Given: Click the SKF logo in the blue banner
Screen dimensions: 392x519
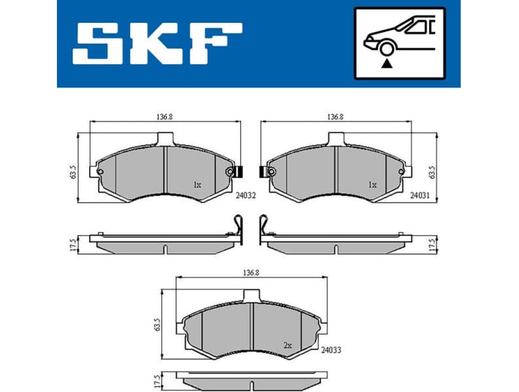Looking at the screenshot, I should pyautogui.click(x=157, y=44).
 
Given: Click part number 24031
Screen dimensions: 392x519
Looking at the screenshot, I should pyautogui.click(x=420, y=195).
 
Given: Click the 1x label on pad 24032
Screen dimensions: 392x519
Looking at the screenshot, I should pyautogui.click(x=197, y=185).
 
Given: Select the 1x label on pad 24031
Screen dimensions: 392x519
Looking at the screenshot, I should pyautogui.click(x=372, y=185).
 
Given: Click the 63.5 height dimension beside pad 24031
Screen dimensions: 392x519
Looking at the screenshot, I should pyautogui.click(x=431, y=172).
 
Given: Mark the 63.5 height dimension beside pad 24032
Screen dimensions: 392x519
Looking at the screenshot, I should pyautogui.click(x=73, y=172).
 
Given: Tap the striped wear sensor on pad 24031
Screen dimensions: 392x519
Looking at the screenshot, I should pyautogui.click(x=264, y=172).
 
